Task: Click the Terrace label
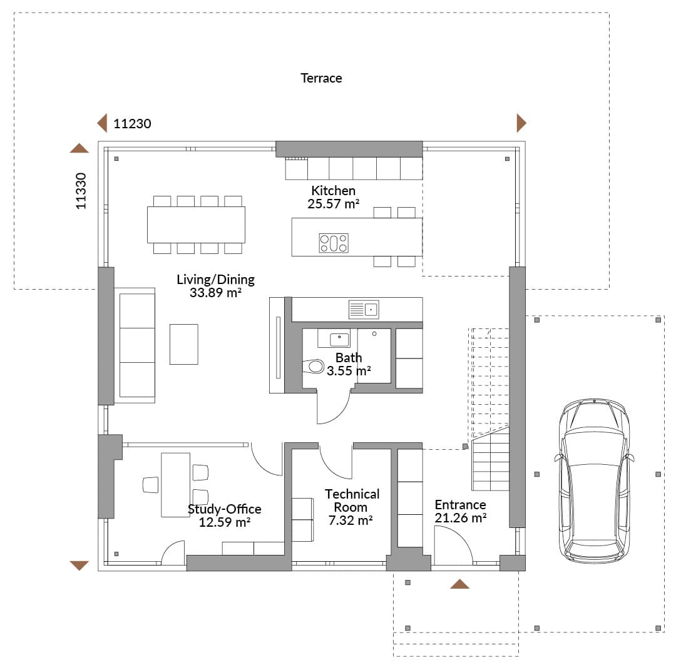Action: coord(321,78)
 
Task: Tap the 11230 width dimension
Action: coord(132,124)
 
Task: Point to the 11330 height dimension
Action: coord(81,191)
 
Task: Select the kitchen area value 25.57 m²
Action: coord(333,204)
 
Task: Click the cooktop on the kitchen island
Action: coord(334,243)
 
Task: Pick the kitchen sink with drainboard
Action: coord(364,310)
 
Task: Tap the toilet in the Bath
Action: coord(314,367)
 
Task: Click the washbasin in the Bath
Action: coord(339,340)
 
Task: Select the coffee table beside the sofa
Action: coord(183,344)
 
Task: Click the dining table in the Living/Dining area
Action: coord(196,225)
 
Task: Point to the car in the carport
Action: coord(594,480)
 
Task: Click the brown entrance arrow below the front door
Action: coord(459,584)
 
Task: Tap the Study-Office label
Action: coord(225,509)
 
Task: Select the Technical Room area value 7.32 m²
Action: coord(351,520)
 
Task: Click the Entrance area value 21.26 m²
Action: coord(461,517)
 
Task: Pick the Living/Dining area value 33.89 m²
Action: coord(215,292)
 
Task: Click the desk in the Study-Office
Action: coord(175,485)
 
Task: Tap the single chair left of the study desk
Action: coord(150,485)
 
